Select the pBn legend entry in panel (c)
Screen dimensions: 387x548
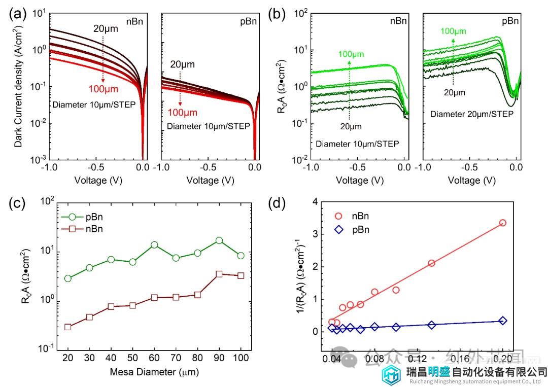coord(89,217)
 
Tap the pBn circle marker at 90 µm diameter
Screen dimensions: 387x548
coord(219,240)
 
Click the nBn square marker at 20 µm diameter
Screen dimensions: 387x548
coord(68,327)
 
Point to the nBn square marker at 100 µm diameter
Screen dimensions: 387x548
coord(241,275)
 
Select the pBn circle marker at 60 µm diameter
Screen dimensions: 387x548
coord(154,244)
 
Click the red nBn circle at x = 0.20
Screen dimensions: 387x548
coord(503,223)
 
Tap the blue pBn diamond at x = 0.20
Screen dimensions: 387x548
coord(503,321)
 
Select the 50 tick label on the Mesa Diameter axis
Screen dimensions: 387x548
coord(132,358)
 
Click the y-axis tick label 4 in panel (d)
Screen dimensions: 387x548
coord(317,202)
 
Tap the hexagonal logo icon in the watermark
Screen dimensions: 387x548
coord(393,374)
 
